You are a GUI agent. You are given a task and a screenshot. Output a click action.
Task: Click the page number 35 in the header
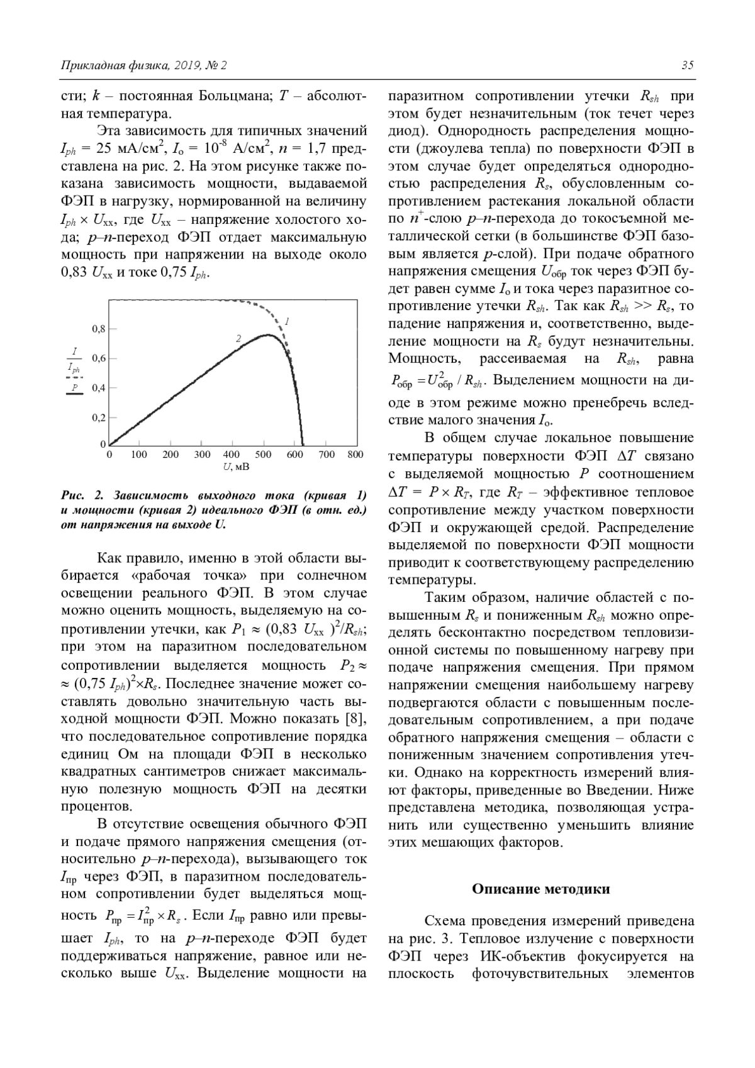(686, 65)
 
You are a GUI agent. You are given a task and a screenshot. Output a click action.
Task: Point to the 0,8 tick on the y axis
(99, 329)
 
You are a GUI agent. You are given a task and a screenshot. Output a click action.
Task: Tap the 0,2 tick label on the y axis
(99, 418)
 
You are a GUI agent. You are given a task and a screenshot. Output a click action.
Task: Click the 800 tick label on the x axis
(355, 454)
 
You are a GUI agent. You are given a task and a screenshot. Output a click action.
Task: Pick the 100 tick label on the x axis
(139, 454)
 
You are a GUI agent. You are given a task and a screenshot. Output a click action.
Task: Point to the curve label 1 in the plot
(287, 321)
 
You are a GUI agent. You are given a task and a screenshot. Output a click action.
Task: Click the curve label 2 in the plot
(238, 338)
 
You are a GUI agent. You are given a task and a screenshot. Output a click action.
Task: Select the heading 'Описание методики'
(541, 889)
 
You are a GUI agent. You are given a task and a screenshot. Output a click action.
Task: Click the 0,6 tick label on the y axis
(99, 359)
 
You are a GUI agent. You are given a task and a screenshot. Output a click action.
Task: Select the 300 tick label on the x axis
(202, 454)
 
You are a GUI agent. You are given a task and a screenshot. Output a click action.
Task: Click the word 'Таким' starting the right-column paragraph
(445, 598)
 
